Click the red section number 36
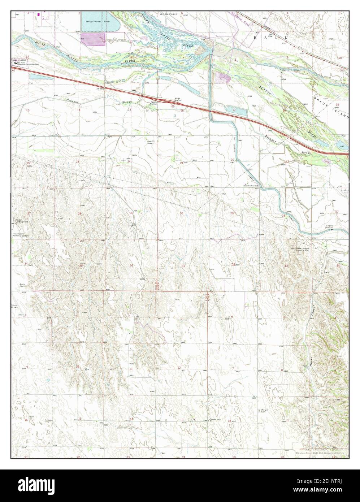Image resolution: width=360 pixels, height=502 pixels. tap(131, 266)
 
